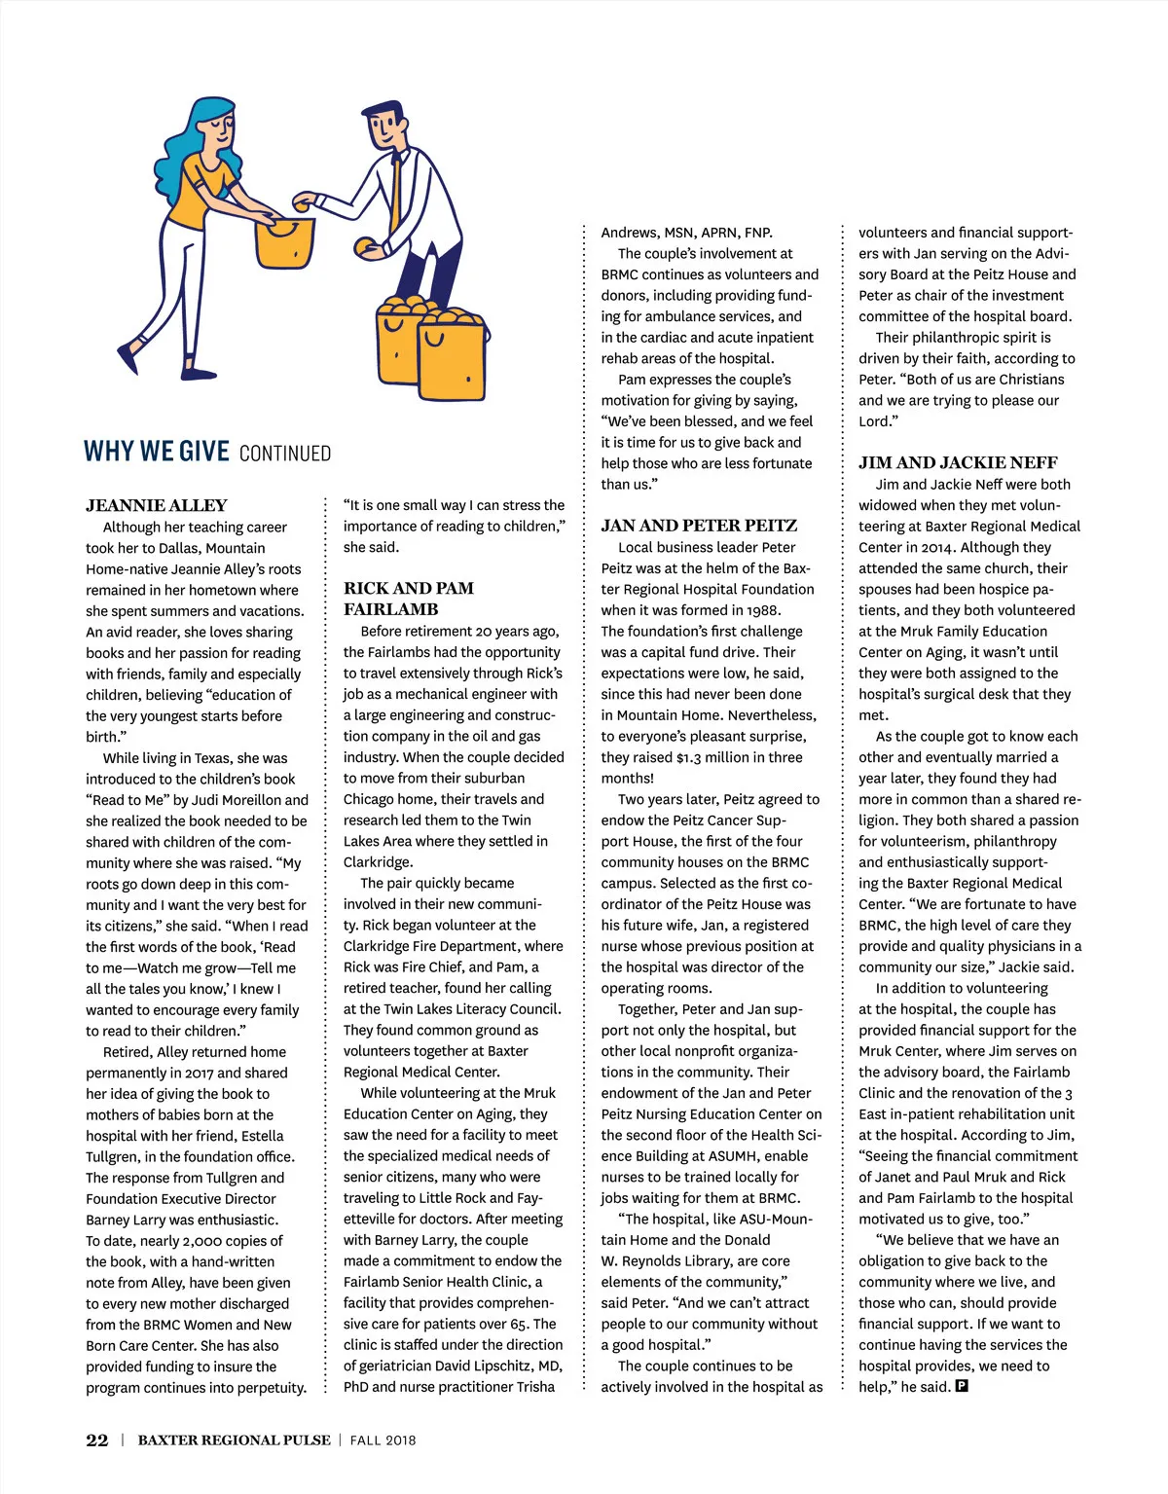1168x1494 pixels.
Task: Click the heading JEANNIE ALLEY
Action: [156, 505]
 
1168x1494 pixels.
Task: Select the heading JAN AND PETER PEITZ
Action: [699, 526]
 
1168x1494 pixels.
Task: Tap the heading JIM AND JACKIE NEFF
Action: [958, 463]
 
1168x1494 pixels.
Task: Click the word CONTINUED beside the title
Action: [284, 454]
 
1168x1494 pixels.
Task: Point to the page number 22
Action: [97, 1440]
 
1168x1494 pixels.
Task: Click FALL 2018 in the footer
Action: [383, 1440]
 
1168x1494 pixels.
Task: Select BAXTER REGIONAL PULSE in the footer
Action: [234, 1440]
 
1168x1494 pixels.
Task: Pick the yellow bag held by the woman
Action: [284, 243]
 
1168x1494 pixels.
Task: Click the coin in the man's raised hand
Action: [304, 204]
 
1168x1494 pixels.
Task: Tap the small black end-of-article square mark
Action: [962, 1386]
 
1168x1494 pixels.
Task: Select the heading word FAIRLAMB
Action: [390, 609]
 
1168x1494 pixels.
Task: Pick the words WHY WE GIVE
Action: [157, 452]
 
